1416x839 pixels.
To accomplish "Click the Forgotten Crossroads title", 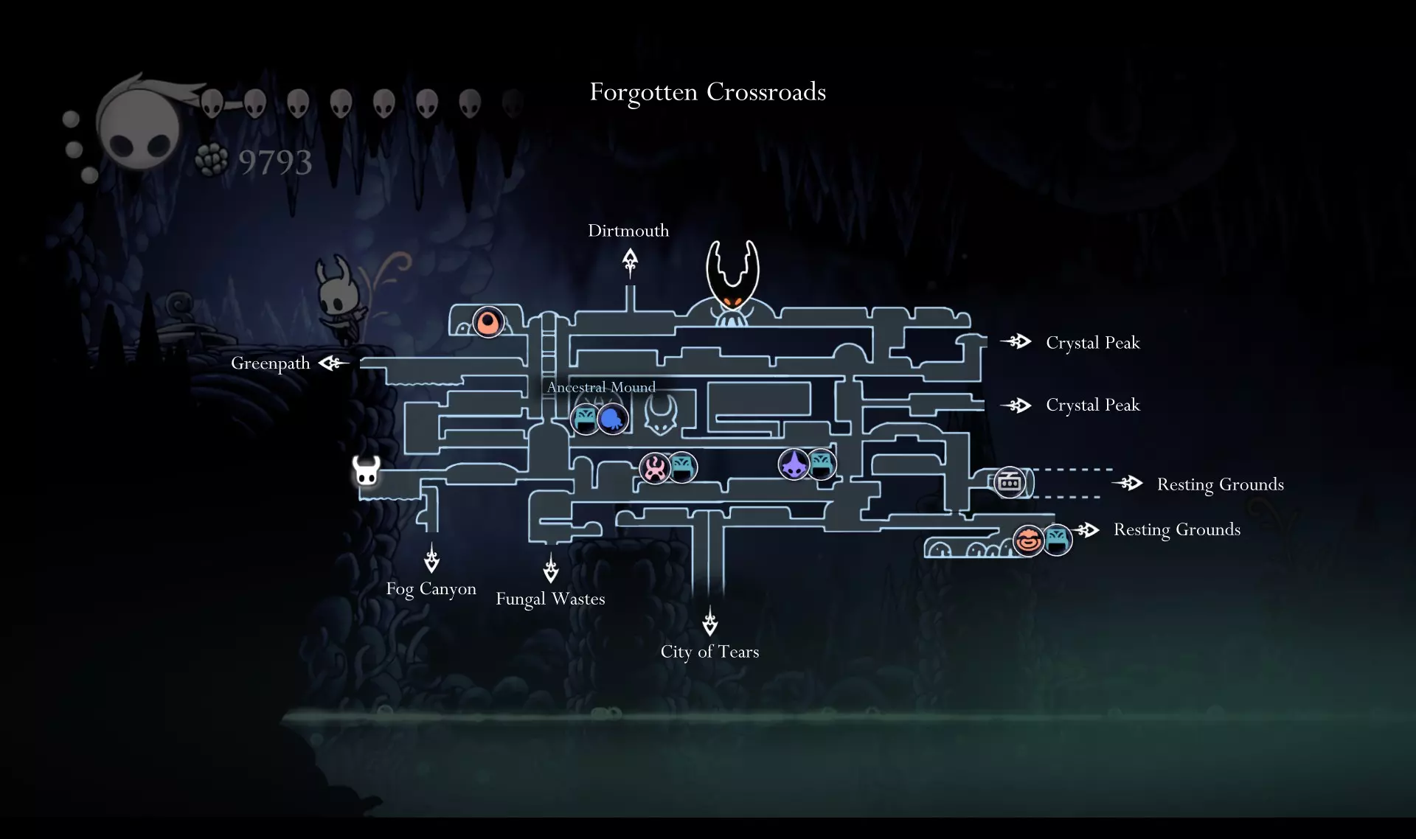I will coord(707,92).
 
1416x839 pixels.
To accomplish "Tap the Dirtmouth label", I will coord(628,231).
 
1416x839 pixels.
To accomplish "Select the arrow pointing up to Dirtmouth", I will coord(630,262).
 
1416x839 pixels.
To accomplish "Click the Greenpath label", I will coord(270,363).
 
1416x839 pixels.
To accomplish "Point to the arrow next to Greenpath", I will coord(333,363).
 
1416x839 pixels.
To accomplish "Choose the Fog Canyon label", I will coord(431,589).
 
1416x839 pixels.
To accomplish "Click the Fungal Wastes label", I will coord(550,599).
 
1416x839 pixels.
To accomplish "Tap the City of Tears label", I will coord(709,652).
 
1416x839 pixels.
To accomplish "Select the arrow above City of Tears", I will coord(709,622).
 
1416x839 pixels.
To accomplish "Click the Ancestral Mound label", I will coord(600,387).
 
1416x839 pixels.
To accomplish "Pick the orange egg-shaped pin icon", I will coord(487,322).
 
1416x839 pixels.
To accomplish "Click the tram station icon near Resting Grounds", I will coord(1009,483).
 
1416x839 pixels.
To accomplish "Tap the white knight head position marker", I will coord(366,470).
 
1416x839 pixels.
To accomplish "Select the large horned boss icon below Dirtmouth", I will coord(732,280).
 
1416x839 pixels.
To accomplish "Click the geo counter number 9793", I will coord(275,162).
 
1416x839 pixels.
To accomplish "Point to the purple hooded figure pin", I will coord(794,464).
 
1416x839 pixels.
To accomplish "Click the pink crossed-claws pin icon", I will coord(654,468).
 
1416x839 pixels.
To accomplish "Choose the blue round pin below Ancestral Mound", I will coord(612,419).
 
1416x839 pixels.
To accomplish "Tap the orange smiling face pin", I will coord(1028,540).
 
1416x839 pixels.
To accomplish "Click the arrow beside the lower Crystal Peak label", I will coord(1016,405).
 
